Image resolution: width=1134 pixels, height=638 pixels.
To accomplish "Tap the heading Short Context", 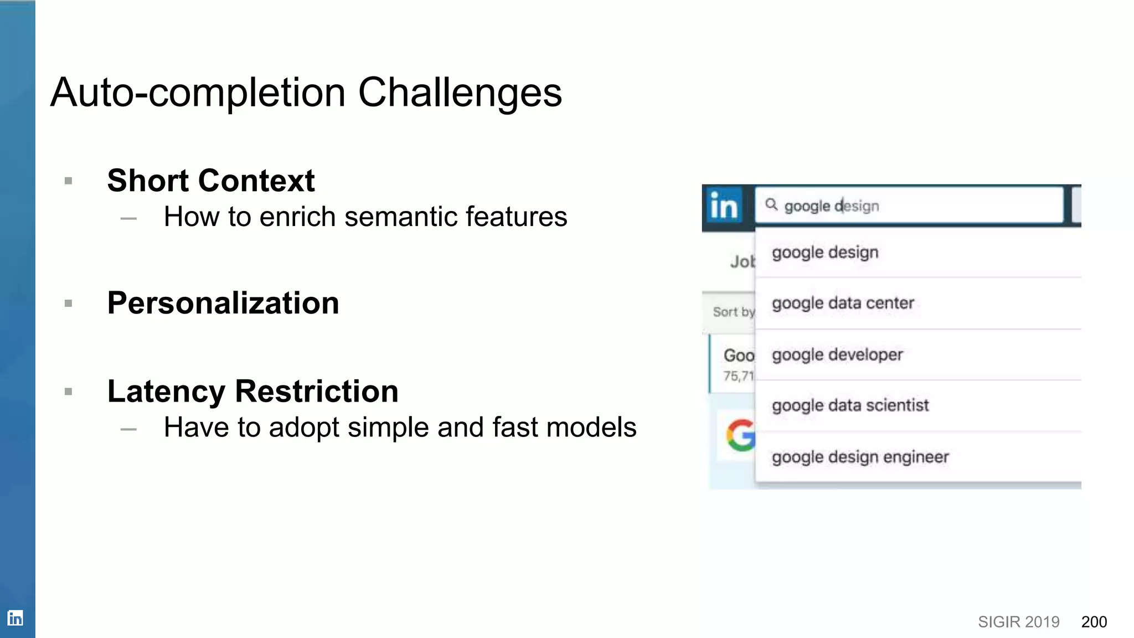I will pos(211,181).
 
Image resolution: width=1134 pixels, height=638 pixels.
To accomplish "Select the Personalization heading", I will pos(223,303).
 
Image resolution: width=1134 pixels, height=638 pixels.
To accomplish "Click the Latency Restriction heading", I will pos(253,392).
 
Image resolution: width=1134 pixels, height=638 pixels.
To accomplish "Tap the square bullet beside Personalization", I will pos(69,303).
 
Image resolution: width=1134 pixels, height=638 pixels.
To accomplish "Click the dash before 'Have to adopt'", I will pos(128,429).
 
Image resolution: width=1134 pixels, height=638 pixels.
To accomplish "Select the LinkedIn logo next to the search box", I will pos(723,206).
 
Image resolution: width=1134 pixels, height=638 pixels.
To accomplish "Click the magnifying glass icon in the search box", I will pos(771,205).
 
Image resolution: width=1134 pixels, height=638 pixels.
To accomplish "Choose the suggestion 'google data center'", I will pos(843,303).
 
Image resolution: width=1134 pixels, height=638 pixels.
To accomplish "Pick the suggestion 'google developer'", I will pos(837,354).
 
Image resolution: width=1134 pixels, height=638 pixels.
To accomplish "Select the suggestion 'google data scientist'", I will pos(850,405).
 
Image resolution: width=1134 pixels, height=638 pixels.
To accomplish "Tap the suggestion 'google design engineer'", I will pos(860,457).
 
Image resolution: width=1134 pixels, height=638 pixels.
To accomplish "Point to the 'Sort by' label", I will pos(733,312).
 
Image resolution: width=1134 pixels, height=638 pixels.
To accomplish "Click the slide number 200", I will pos(1094,622).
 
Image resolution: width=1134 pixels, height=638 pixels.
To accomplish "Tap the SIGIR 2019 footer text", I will pos(1018,622).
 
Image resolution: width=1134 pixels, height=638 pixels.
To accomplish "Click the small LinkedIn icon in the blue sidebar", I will pos(16,618).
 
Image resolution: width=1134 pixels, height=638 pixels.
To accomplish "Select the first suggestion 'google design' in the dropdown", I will pos(825,253).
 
